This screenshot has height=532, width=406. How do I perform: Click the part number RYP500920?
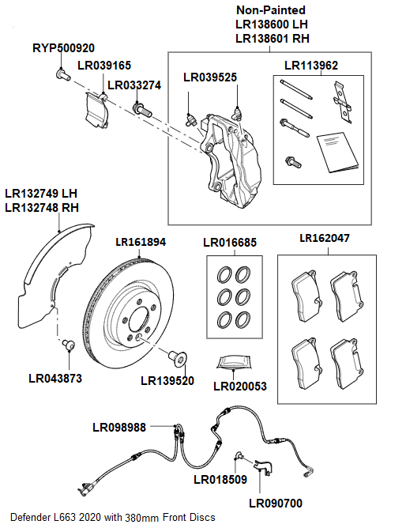(x=63, y=47)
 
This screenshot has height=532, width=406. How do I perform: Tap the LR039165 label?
(x=104, y=66)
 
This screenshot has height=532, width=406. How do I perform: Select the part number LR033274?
(x=133, y=85)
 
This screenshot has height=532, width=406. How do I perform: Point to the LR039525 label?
(x=210, y=77)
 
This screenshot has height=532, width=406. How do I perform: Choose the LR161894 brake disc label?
(x=141, y=242)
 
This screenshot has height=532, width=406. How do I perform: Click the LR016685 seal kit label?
(x=230, y=243)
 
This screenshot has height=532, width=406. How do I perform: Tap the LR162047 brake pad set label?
(x=325, y=238)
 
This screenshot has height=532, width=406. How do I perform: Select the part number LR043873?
(x=55, y=378)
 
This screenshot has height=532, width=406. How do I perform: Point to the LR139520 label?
(x=167, y=380)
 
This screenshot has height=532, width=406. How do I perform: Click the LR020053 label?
(x=240, y=387)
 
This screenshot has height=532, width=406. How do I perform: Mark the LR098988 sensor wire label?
(x=119, y=428)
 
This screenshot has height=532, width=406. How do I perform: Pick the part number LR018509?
(x=220, y=478)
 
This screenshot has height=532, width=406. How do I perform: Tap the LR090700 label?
(x=275, y=503)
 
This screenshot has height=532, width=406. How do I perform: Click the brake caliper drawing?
(x=229, y=154)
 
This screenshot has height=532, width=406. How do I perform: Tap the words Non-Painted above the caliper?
(x=272, y=10)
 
